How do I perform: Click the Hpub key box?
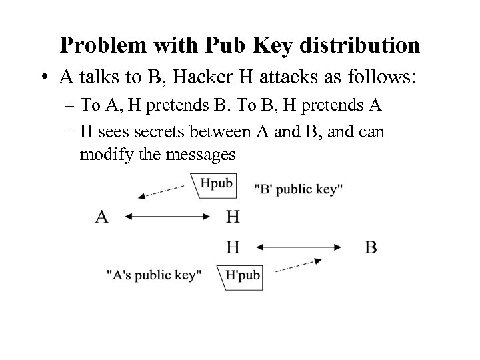pos(215,185)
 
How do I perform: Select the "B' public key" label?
pos(299,189)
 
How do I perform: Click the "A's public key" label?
pos(154,275)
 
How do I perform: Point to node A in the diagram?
pos(102,217)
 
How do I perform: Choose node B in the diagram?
pos(371,247)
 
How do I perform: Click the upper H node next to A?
pos(233,217)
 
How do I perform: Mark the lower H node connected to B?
pos(233,247)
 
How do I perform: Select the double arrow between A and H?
pos(167,217)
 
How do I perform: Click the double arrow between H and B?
pos(299,247)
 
